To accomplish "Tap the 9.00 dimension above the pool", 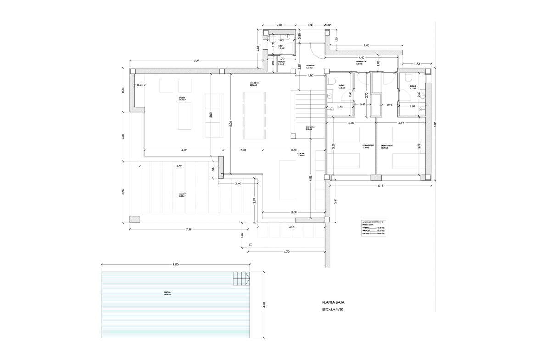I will pos(175,265).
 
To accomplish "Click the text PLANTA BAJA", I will pos(333,303).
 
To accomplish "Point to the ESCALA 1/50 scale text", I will pos(333,310).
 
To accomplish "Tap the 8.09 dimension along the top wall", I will pos(196,61).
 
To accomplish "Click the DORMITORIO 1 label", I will pos(369,146).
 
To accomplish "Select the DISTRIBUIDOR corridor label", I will pos(361,62).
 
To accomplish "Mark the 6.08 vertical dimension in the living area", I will pos(231,122).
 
